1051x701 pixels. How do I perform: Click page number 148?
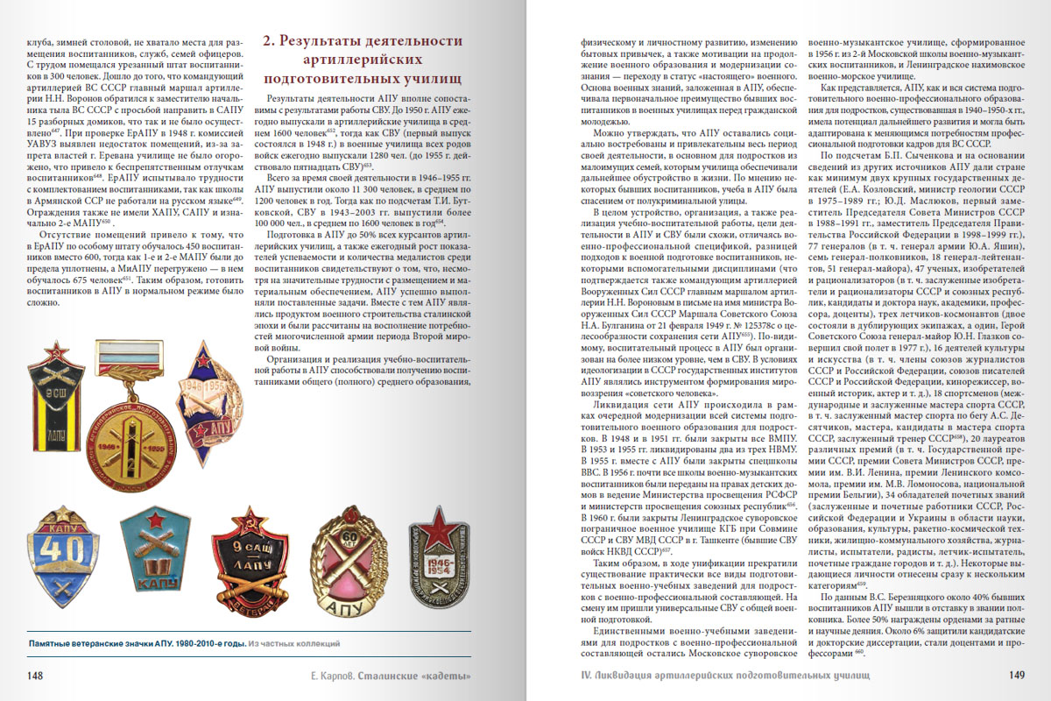pyautogui.click(x=36, y=676)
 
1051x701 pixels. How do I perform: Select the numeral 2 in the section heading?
pyautogui.click(x=271, y=40)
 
